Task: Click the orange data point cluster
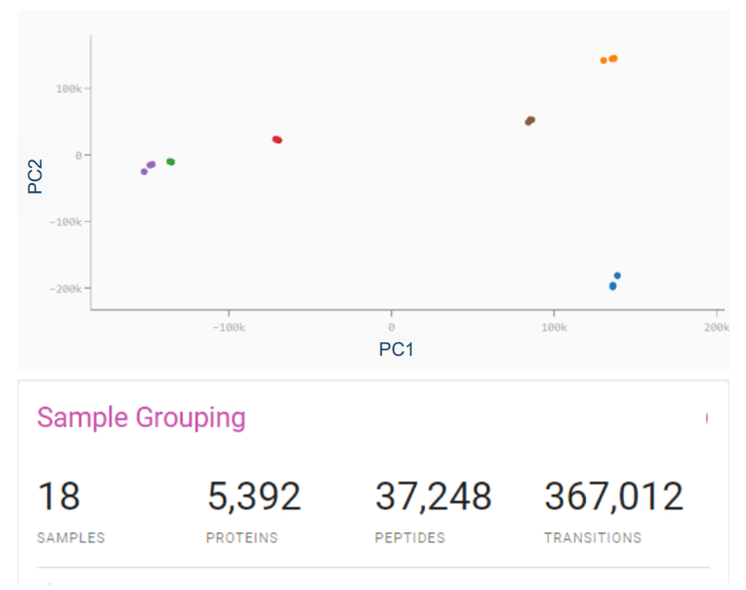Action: [610, 60]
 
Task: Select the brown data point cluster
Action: [530, 121]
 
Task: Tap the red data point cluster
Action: [278, 139]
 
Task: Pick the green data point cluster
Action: [170, 161]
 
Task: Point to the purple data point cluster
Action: [149, 166]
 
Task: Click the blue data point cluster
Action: [614, 284]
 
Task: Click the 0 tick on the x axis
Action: [391, 327]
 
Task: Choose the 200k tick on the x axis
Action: [715, 327]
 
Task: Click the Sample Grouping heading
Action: [141, 417]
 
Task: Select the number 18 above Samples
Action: [59, 495]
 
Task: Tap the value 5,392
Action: [254, 495]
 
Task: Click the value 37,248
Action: [433, 495]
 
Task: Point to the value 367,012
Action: [614, 495]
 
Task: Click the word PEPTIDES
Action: [410, 538]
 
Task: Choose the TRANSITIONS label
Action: [592, 538]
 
